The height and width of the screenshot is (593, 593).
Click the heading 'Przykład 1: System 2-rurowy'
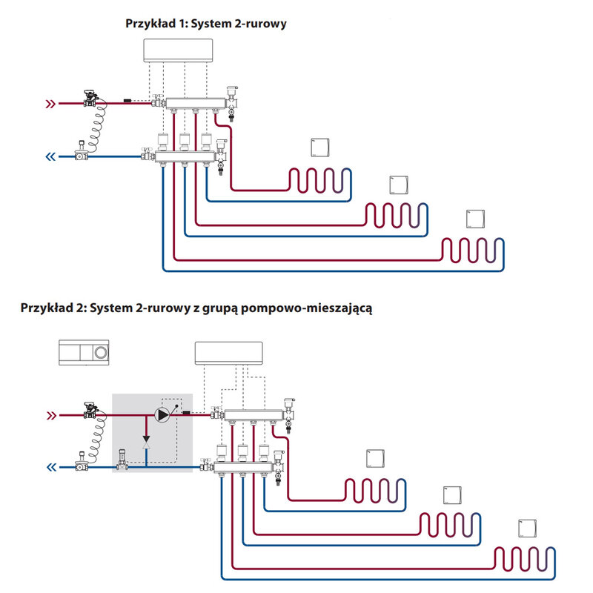click(205, 24)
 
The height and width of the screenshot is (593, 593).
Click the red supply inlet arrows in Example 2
click(50, 414)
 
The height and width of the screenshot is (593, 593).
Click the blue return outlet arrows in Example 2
click(50, 467)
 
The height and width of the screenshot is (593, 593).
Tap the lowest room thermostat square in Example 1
click(474, 219)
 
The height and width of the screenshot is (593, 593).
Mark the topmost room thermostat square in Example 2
click(376, 458)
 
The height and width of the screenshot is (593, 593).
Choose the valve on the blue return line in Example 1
click(79, 153)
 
